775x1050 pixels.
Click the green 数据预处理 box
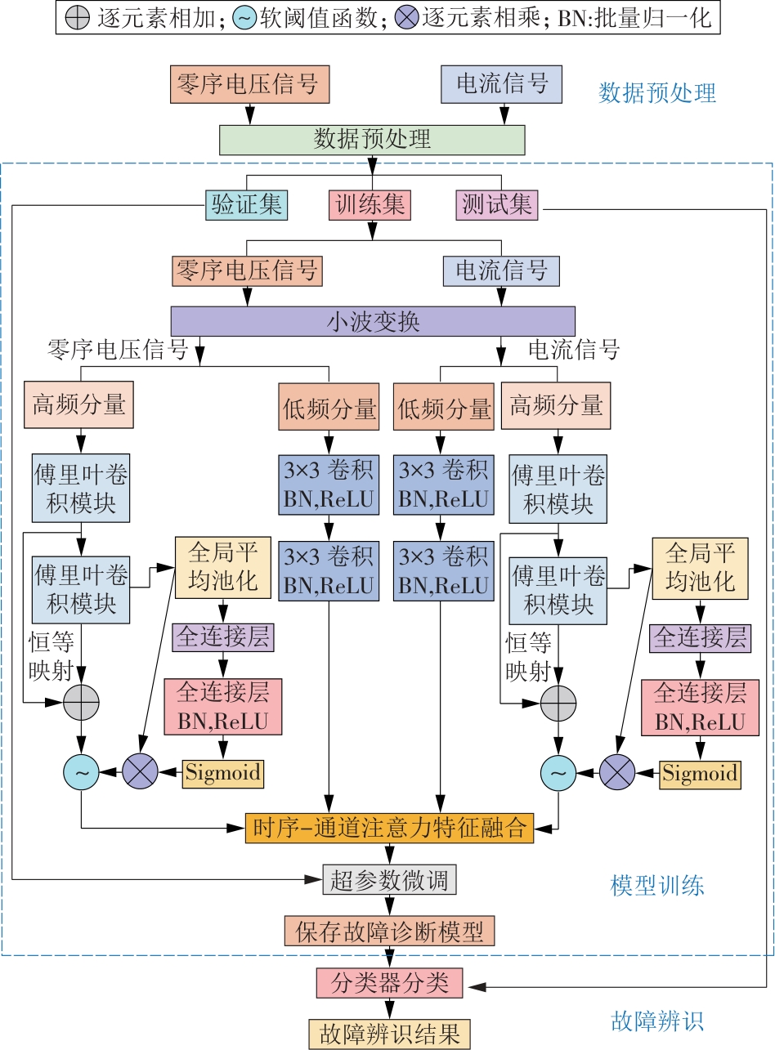[x=372, y=139]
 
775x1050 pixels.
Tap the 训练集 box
[x=370, y=204]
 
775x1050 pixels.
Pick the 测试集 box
[x=497, y=204]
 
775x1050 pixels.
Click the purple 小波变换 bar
[x=373, y=321]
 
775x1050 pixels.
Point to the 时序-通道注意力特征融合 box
[x=390, y=827]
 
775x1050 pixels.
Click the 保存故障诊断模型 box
[x=390, y=931]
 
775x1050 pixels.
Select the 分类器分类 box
[x=390, y=982]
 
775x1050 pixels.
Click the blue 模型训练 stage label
[x=656, y=885]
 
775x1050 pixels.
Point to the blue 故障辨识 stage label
[x=656, y=1021]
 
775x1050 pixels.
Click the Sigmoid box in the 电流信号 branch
[x=700, y=772]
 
